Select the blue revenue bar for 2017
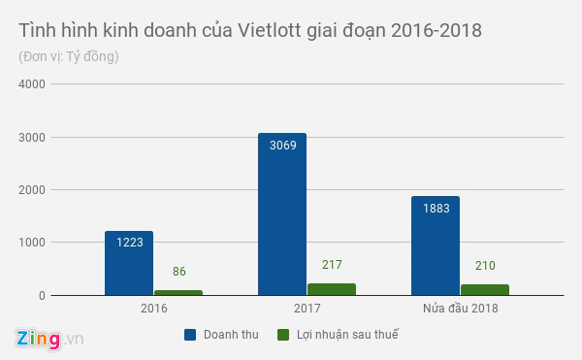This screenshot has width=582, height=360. (282, 213)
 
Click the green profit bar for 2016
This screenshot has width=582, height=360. (178, 292)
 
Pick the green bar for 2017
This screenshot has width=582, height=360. (331, 289)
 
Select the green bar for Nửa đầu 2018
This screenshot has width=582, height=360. (484, 289)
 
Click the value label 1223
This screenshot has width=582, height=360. (129, 243)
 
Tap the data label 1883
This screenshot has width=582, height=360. (436, 208)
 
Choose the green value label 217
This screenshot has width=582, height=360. (331, 265)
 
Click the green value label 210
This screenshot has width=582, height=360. (484, 266)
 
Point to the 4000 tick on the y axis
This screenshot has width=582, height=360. (32, 83)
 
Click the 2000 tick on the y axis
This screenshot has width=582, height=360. (32, 189)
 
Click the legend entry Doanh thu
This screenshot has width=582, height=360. (224, 335)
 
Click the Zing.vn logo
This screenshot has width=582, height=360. (48, 340)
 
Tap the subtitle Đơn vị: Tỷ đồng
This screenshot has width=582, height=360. (69, 56)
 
